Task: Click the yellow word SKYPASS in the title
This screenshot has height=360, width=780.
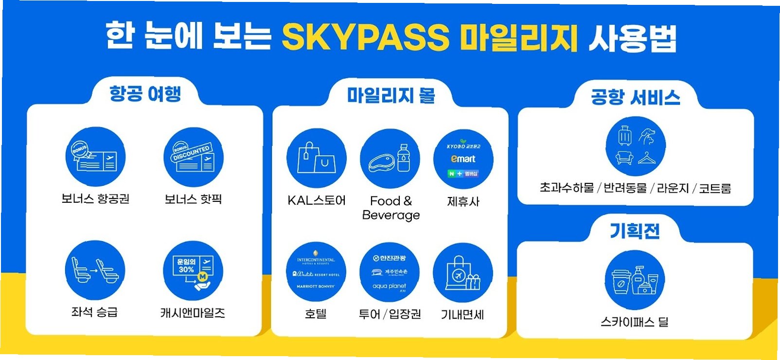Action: click(x=365, y=37)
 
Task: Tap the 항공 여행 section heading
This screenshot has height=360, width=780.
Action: click(x=145, y=93)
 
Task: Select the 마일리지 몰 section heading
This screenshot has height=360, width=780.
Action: click(x=391, y=95)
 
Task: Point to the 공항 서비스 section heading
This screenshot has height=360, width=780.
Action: click(x=635, y=97)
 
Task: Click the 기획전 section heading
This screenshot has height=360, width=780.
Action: click(x=635, y=230)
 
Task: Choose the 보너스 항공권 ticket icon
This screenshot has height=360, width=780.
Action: click(x=95, y=157)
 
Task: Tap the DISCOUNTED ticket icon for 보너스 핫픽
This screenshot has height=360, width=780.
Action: click(x=193, y=157)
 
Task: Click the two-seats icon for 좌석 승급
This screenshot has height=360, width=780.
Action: click(x=95, y=270)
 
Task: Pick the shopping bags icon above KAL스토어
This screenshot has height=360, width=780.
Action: click(x=316, y=159)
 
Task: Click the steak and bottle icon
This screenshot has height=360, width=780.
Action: click(x=390, y=159)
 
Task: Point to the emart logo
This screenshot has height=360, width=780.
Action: click(x=463, y=159)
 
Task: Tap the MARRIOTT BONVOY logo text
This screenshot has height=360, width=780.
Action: click(x=316, y=286)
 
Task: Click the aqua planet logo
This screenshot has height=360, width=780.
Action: click(x=389, y=287)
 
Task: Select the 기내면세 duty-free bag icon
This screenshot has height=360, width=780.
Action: click(x=462, y=273)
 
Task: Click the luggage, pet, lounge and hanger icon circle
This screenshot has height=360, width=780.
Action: click(x=635, y=146)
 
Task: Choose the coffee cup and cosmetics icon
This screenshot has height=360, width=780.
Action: click(x=635, y=280)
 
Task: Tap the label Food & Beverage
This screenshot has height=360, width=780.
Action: click(x=391, y=208)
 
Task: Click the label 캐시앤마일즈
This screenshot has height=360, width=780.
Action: click(x=193, y=313)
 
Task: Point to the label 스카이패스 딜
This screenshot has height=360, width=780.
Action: click(x=634, y=322)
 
